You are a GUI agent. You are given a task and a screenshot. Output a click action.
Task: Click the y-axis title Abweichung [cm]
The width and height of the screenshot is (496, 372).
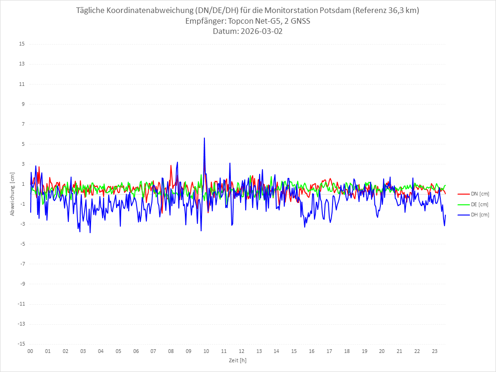(13, 194)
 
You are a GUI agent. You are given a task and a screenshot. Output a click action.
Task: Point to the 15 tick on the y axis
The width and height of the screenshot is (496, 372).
(22, 44)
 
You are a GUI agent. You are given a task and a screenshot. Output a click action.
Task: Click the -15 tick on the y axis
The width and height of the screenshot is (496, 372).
(21, 344)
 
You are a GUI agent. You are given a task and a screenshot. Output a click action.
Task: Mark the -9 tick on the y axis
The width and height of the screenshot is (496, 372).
(22, 284)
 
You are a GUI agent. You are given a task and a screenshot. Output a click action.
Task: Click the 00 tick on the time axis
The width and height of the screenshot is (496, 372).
(30, 351)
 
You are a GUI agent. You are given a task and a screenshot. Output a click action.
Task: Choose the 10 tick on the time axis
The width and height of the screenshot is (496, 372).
(206, 351)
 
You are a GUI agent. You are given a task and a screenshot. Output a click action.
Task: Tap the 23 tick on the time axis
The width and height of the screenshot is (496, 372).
(435, 351)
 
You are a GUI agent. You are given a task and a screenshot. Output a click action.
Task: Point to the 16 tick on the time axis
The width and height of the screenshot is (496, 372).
(312, 351)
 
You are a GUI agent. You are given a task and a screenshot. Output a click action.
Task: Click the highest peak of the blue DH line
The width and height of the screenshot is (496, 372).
(204, 138)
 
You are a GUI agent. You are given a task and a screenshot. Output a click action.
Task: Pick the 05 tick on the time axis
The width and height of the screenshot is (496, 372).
(118, 351)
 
